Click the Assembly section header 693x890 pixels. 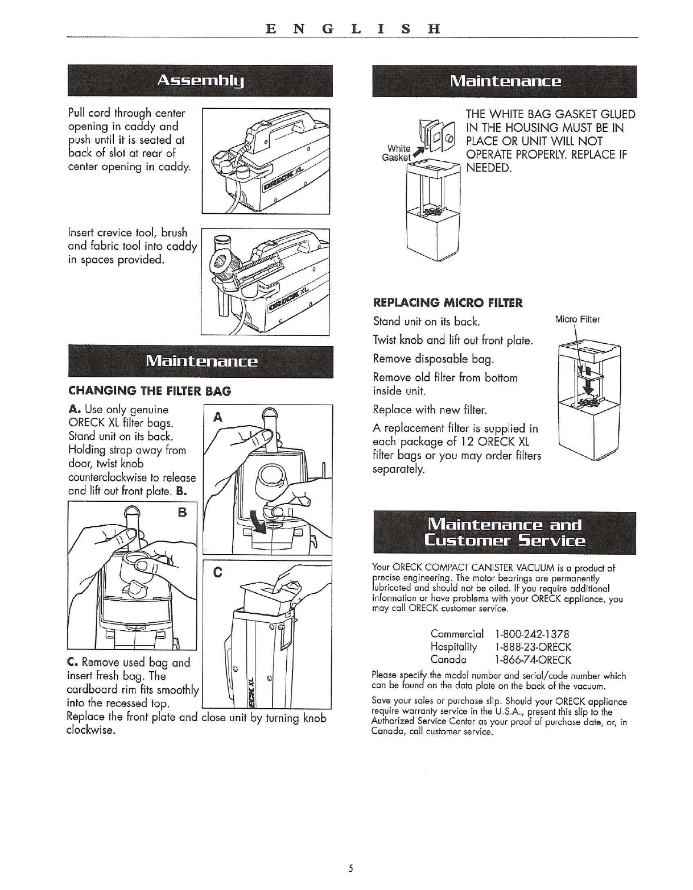[x=200, y=81]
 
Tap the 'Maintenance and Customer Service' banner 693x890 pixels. [x=504, y=533]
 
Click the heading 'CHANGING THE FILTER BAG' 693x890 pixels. [x=150, y=391]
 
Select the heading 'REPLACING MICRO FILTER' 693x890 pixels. [x=448, y=303]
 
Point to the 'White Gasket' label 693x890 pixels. [x=397, y=153]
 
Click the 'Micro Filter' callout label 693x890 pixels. [x=577, y=319]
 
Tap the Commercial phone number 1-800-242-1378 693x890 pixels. [x=532, y=634]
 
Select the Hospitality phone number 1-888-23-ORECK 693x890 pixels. [x=533, y=647]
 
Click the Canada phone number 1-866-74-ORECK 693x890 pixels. [x=533, y=659]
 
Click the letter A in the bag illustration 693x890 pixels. [x=218, y=417]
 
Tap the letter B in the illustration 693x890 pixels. [x=182, y=512]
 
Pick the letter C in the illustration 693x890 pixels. [x=218, y=572]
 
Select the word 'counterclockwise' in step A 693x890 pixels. [x=108, y=477]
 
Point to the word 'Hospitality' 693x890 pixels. [x=453, y=647]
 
